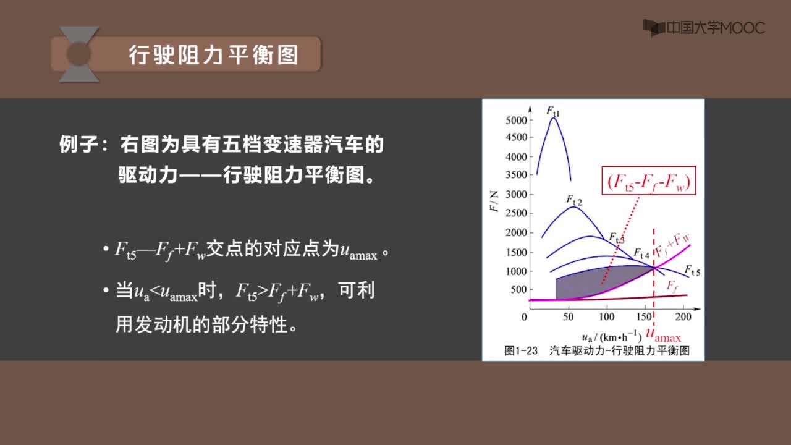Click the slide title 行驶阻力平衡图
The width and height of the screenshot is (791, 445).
click(x=214, y=55)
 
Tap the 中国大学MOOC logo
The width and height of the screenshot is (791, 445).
click(x=704, y=28)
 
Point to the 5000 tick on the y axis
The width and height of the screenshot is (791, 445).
click(x=516, y=121)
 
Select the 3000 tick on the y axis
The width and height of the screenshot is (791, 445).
click(x=516, y=194)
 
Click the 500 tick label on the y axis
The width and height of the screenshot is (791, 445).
click(x=518, y=290)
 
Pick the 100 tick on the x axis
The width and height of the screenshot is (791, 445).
click(x=607, y=316)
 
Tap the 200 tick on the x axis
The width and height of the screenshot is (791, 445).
click(x=683, y=316)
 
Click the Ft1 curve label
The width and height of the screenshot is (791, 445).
click(x=553, y=111)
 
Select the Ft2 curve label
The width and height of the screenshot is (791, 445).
click(x=574, y=200)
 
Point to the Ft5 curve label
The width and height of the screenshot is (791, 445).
click(x=693, y=271)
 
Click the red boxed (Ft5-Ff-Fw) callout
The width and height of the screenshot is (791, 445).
click(x=649, y=180)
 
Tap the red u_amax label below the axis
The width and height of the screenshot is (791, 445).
click(x=663, y=335)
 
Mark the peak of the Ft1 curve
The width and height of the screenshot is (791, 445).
click(x=553, y=118)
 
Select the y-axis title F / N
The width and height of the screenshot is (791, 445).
click(x=494, y=201)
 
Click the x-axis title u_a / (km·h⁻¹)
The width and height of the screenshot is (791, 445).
click(x=612, y=337)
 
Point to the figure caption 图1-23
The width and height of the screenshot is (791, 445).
click(x=521, y=350)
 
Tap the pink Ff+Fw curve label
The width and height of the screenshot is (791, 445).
click(x=673, y=245)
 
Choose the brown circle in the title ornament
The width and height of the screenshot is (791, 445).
click(x=78, y=54)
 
